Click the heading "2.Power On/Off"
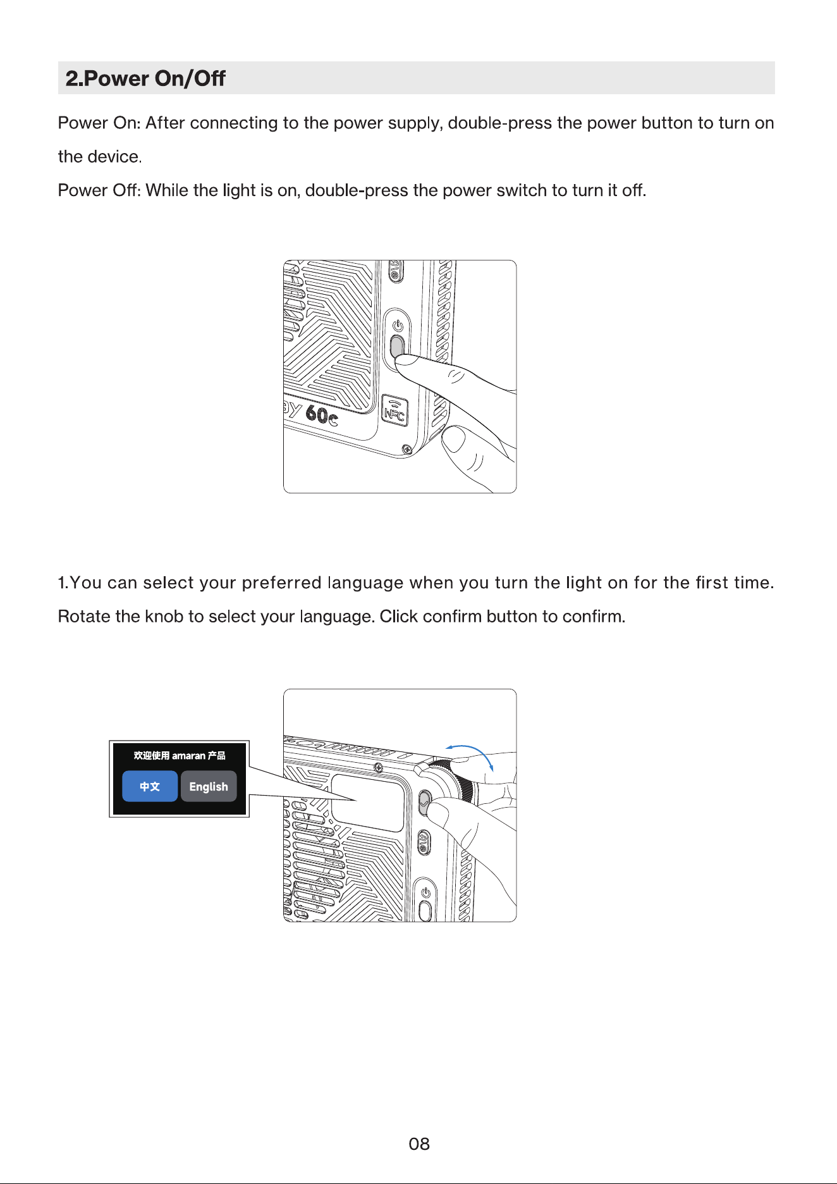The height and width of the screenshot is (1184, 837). click(145, 78)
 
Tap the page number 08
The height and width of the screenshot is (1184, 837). click(419, 1144)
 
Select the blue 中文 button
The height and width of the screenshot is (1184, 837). click(150, 786)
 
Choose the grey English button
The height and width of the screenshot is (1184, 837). click(209, 786)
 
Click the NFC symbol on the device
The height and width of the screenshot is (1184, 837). click(394, 411)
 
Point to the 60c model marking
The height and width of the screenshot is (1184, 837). click(321, 416)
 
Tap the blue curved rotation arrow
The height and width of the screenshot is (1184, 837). click(471, 755)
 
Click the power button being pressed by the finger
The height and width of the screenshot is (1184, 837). click(397, 347)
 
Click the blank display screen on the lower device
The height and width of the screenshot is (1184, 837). click(367, 803)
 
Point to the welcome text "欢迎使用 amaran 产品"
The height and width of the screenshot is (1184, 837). click(180, 755)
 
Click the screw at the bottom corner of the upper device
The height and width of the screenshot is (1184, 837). click(407, 450)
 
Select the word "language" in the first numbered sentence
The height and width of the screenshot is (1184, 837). click(365, 583)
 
